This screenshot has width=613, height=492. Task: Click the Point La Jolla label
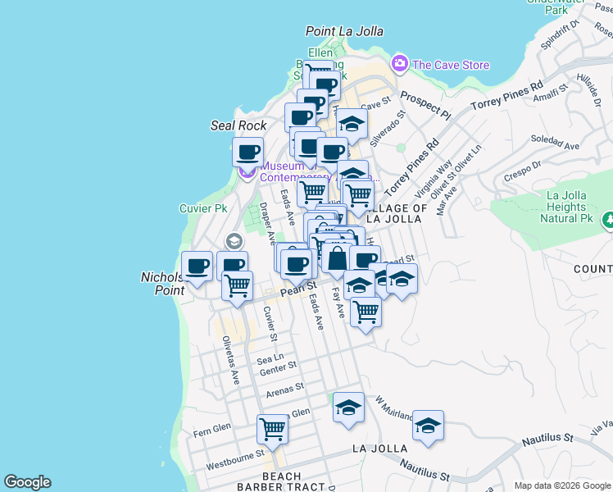[344, 31]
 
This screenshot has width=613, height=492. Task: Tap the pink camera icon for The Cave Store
[399, 63]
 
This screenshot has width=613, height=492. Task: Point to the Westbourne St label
[234, 451]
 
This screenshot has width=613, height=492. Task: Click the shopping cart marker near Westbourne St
[272, 428]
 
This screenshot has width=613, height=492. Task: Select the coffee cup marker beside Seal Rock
[248, 151]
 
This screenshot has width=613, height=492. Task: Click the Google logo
[27, 482]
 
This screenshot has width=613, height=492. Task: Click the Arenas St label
[284, 388]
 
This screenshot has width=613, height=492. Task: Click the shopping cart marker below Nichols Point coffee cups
[237, 286]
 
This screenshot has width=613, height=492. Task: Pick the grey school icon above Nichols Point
[234, 241]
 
